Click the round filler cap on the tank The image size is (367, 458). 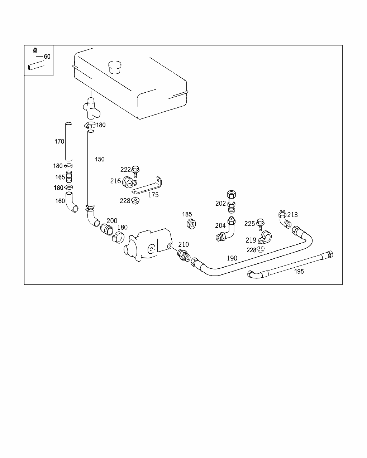tap(115, 67)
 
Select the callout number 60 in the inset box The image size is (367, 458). tap(47, 57)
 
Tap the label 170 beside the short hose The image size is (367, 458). tap(59, 141)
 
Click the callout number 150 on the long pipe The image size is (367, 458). tap(100, 159)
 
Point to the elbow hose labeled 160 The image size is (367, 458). tap(72, 203)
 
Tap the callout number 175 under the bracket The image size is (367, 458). tap(153, 195)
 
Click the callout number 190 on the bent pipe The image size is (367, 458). tap(232, 258)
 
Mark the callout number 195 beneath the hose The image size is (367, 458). tap(299, 272)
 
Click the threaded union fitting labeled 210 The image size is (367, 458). tap(183, 255)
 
